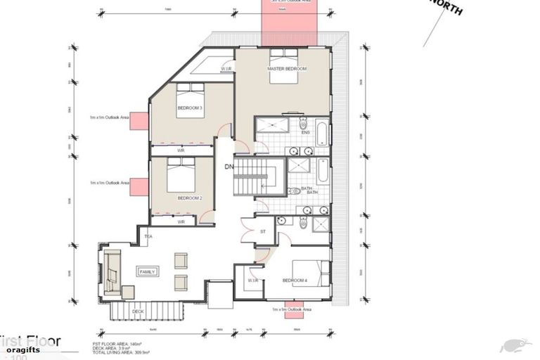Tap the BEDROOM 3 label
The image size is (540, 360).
[x=190, y=108]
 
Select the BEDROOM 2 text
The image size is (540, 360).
[x=190, y=198]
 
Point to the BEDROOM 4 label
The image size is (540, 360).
[x=295, y=281]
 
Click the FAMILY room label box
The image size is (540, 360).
[x=148, y=271]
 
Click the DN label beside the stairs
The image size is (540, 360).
[x=229, y=167]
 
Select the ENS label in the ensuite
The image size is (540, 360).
[x=305, y=132]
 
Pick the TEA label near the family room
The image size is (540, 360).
[x=148, y=237]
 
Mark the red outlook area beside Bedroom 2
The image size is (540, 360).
[x=140, y=186]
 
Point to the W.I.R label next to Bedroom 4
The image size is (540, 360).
[x=253, y=281]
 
